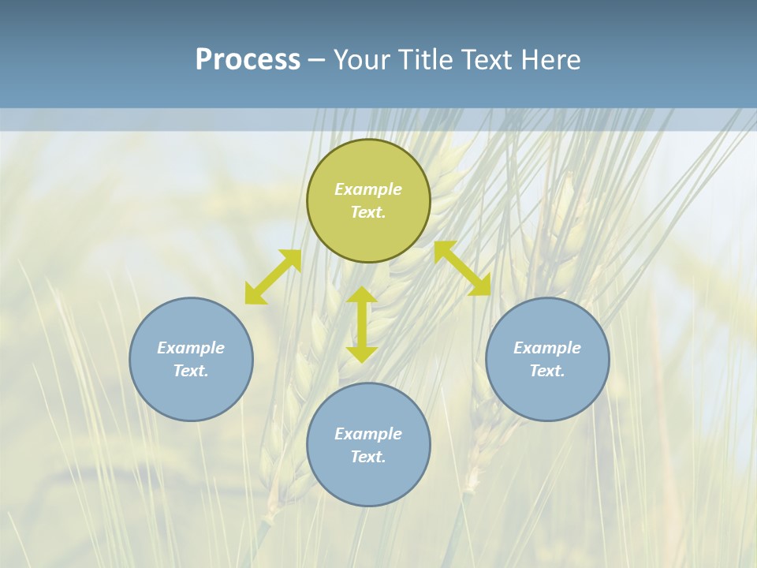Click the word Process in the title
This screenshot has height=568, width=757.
pos(248,60)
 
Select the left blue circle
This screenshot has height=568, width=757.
pos(191,394)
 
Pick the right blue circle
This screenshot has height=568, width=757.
pos(547,394)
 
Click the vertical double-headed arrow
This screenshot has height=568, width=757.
pos(362,324)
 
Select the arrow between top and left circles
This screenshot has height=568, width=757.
pos(273,277)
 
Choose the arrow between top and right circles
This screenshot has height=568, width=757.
pos(463,268)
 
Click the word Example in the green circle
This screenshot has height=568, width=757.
pos(368,189)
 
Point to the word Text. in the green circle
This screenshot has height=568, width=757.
pos(368,212)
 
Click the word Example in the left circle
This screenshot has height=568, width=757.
pos(191,348)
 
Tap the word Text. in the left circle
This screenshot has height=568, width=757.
pos(191,371)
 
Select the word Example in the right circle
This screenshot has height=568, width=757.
pos(547,348)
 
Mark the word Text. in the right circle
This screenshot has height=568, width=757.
pos(547,371)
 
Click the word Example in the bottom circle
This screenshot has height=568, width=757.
pos(368,434)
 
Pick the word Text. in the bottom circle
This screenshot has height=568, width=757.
pos(368,457)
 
